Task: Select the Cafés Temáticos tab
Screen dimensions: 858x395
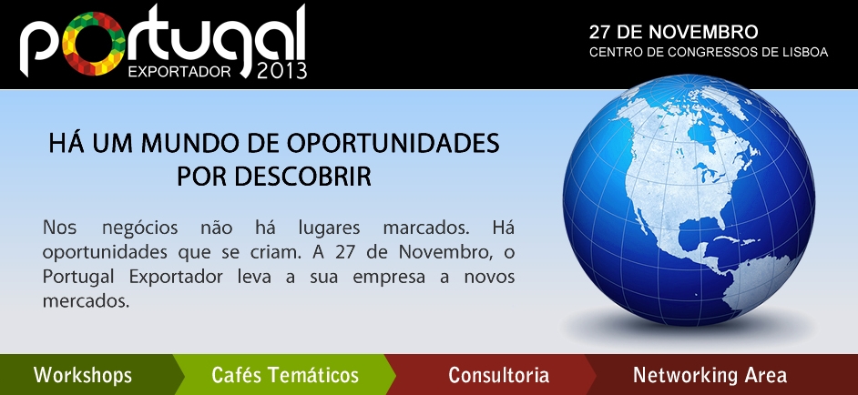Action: point(285,375)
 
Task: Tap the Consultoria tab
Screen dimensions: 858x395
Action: point(498,375)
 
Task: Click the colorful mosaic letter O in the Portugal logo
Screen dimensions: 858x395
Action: point(94,44)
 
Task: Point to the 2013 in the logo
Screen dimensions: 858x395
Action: point(281,71)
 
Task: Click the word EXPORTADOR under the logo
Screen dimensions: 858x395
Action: point(179,72)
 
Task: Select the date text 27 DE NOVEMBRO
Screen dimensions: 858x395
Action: point(673,32)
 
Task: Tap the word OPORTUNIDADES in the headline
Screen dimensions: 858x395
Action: point(393,143)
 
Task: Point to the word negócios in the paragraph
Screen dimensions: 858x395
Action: point(140,228)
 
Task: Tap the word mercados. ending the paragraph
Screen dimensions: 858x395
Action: point(86,301)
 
